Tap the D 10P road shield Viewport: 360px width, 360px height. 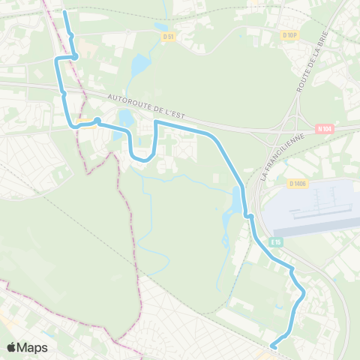point(291,34)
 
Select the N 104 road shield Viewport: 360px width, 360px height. point(323,128)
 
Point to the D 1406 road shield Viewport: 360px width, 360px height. point(296,182)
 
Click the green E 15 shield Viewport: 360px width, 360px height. point(276,241)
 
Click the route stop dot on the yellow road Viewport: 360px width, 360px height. point(97,120)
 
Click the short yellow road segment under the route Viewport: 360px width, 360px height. point(86,124)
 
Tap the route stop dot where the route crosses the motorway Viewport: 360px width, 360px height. point(64,94)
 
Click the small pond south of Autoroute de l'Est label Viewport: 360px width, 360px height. point(124,118)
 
